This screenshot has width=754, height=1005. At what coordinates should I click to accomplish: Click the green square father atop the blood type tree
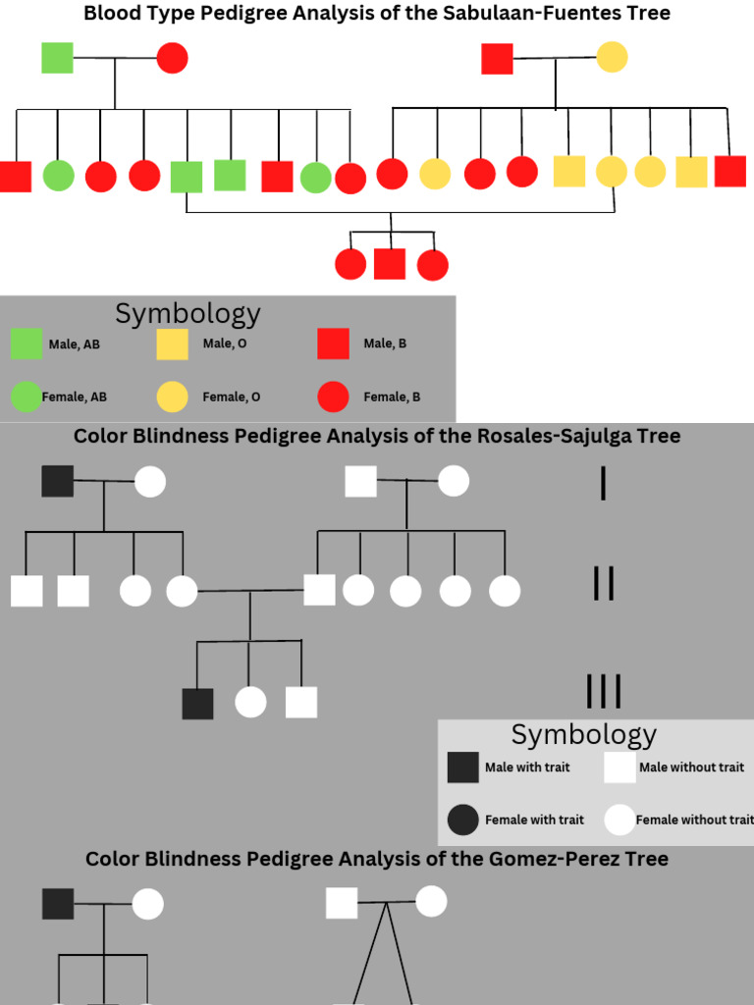coord(57,57)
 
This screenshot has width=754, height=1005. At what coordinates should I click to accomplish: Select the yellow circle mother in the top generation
coord(612,57)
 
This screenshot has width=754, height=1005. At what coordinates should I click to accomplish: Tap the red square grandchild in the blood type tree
coord(390,264)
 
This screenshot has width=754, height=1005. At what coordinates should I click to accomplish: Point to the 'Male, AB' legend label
coord(75,344)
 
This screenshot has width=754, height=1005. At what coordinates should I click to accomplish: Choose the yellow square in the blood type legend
coord(172,344)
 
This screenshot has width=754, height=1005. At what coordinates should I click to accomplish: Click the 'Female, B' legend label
coord(392,397)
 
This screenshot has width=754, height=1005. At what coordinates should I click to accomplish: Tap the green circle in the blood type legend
coord(27,397)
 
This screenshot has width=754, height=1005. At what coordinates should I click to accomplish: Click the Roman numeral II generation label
coord(603,584)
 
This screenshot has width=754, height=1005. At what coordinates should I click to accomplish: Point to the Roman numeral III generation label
coord(603,692)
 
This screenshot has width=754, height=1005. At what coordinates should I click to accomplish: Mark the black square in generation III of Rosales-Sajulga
coord(197,703)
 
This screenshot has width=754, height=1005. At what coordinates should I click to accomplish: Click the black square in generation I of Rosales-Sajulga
coord(58,481)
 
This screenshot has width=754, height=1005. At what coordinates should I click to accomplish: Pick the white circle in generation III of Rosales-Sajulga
coord(250,703)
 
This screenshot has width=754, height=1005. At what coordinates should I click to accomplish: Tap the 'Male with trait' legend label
coord(527,767)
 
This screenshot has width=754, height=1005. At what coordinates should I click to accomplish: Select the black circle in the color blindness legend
coord(462,820)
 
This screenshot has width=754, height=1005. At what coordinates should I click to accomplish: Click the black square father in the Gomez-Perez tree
coord(58,903)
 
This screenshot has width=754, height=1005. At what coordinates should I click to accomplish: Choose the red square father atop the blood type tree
coord(497,58)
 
